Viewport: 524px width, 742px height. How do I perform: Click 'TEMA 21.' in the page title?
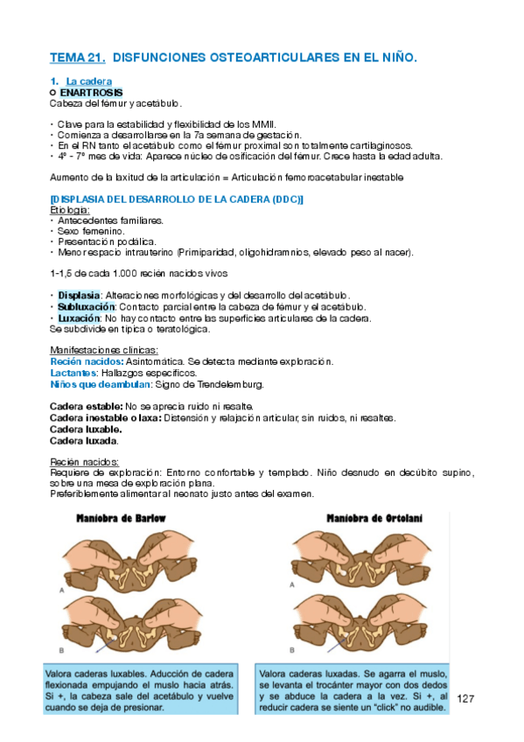pos(78,58)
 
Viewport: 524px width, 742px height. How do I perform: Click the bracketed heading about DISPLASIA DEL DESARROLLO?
pos(177,199)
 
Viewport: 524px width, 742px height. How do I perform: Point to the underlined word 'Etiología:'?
pos(70,210)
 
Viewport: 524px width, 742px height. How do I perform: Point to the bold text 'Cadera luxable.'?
pos(86,429)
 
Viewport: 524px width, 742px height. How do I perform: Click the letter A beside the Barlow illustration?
pos(61,591)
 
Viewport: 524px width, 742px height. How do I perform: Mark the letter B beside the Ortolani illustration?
pos(291,650)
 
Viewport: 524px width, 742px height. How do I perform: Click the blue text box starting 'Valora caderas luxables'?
pos(140,689)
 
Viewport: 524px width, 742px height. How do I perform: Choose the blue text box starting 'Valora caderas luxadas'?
pos(353,689)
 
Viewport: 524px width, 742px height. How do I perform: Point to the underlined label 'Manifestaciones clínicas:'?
pos(98,351)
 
